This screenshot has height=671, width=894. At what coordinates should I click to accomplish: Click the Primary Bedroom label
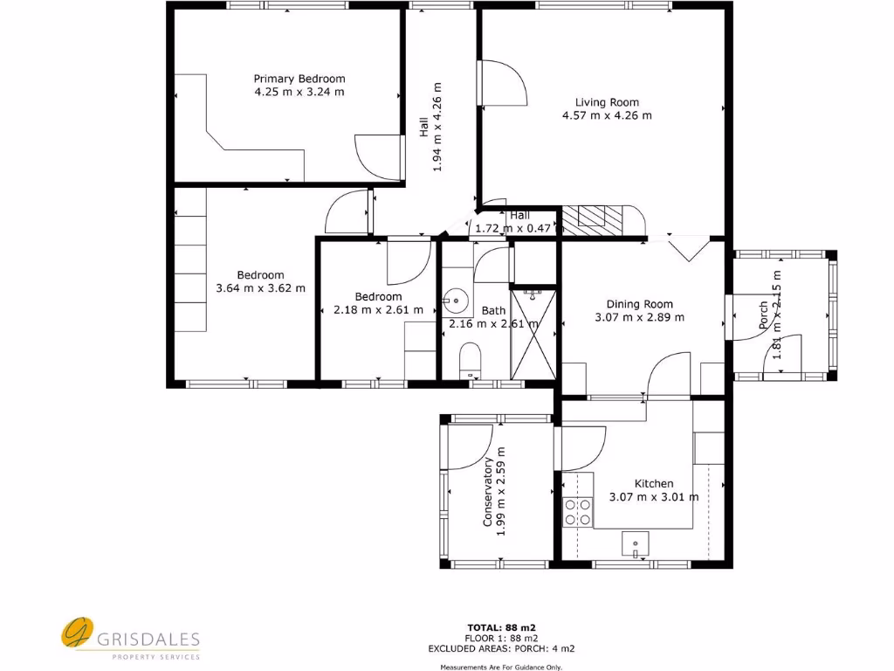[x=299, y=78]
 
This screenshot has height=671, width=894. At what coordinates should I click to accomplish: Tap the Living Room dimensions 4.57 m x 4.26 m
[x=607, y=114]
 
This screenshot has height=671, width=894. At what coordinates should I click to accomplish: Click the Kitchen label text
[x=653, y=483]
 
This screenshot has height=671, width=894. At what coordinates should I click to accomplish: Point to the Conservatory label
[x=489, y=492]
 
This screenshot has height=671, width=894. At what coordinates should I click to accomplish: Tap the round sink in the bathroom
[x=454, y=301]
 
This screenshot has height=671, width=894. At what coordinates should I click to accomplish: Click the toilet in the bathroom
[x=471, y=358]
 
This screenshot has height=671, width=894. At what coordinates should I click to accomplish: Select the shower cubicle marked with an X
[x=533, y=334]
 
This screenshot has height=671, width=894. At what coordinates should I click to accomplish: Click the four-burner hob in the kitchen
[x=576, y=511]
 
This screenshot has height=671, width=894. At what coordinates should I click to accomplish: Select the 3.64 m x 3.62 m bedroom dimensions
[x=260, y=287]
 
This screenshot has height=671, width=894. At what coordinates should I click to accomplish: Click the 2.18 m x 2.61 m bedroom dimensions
[x=378, y=309]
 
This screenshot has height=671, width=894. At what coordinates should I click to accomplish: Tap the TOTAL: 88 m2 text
[x=500, y=627]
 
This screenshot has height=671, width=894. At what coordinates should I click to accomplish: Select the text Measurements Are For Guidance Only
[x=501, y=667]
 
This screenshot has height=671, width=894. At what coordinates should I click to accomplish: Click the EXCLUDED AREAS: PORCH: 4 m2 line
[x=501, y=648]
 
